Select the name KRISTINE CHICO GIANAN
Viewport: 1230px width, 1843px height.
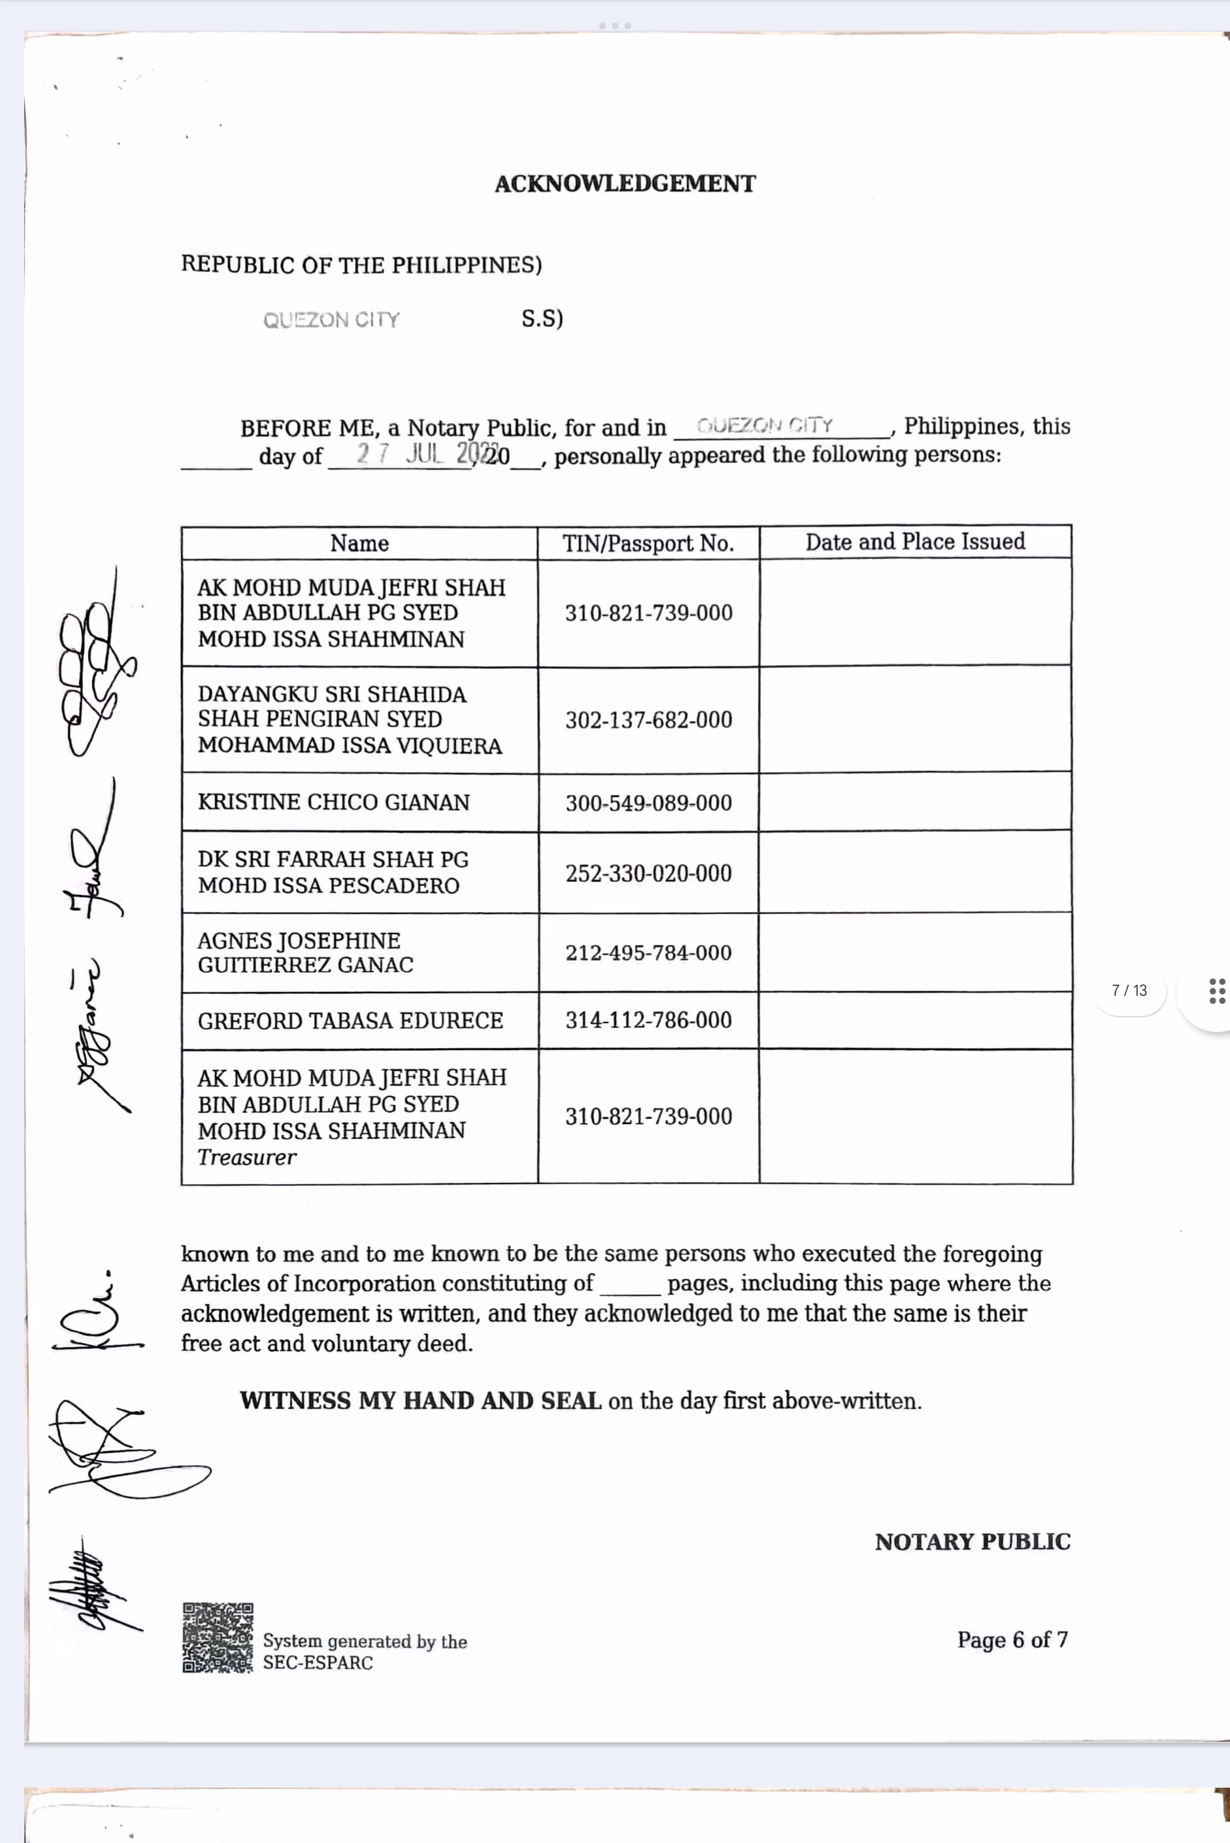pyautogui.click(x=333, y=802)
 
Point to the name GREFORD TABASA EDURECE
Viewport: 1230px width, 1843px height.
pyautogui.click(x=350, y=1020)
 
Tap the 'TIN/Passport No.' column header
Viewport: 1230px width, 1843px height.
pyautogui.click(x=648, y=543)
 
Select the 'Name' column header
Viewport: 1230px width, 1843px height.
pyautogui.click(x=359, y=543)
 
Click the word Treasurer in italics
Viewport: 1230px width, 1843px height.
pyautogui.click(x=247, y=1157)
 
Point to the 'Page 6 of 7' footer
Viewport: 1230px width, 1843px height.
pyautogui.click(x=1012, y=1639)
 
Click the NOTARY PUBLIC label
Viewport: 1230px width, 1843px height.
pyautogui.click(x=972, y=1542)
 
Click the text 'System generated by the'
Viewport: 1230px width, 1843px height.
pyautogui.click(x=365, y=1641)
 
